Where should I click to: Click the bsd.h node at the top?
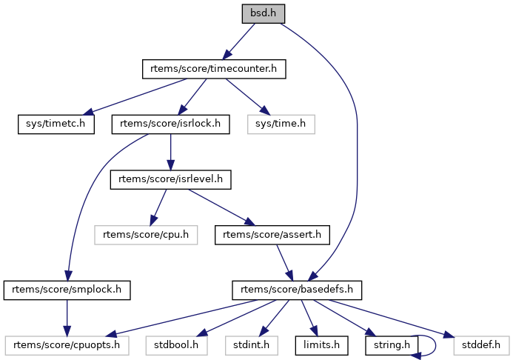pos(263,13)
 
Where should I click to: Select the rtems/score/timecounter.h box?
pos(214,69)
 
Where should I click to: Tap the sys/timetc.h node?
pos(56,124)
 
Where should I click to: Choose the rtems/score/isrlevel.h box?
pos(171,179)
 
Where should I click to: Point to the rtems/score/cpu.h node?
pos(147,235)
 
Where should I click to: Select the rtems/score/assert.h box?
pos(272,235)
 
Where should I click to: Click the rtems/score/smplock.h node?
pos(67,290)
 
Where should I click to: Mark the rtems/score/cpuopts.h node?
pos(67,344)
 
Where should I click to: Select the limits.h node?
pos(318,344)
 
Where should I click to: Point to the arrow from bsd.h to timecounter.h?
pos(238,41)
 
